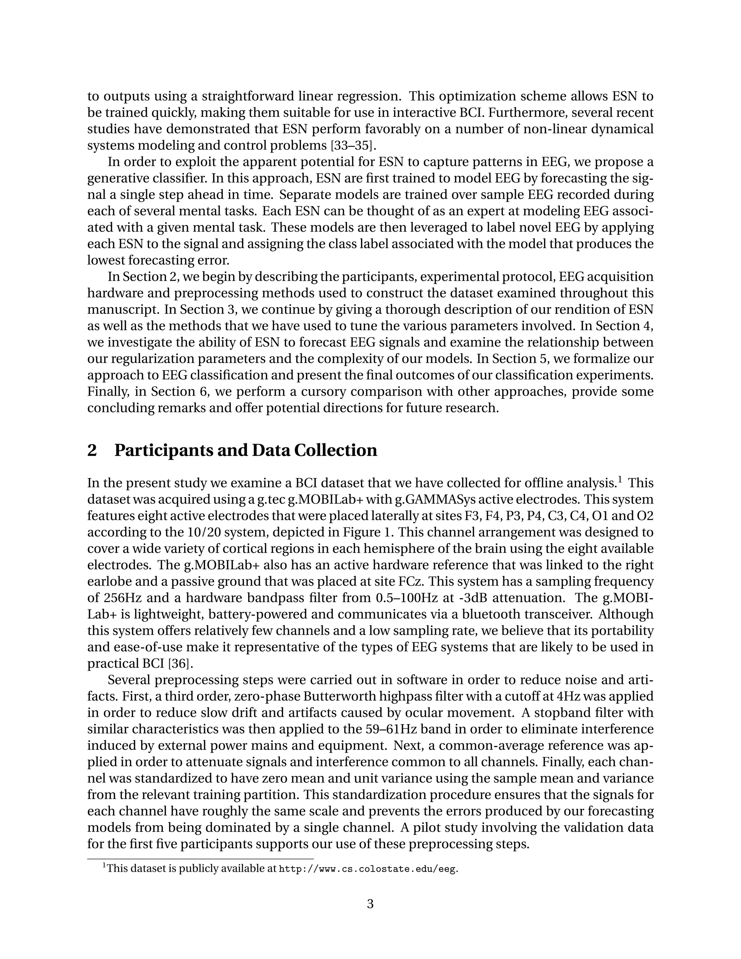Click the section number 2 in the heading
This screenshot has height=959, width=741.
tap(92, 451)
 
